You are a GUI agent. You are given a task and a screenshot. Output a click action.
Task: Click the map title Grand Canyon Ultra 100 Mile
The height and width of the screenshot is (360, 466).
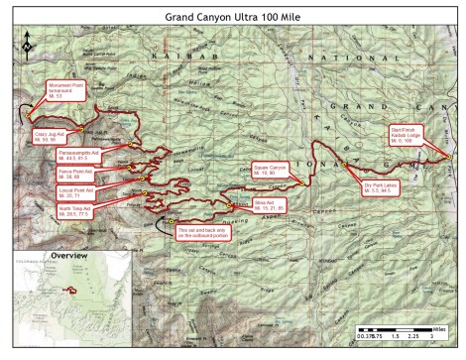232,15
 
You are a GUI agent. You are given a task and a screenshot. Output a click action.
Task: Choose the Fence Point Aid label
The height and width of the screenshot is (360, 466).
76,173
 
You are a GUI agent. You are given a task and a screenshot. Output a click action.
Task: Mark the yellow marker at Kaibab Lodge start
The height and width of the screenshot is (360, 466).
448,156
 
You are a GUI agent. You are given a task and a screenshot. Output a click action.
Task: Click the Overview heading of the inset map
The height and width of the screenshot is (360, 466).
67,257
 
